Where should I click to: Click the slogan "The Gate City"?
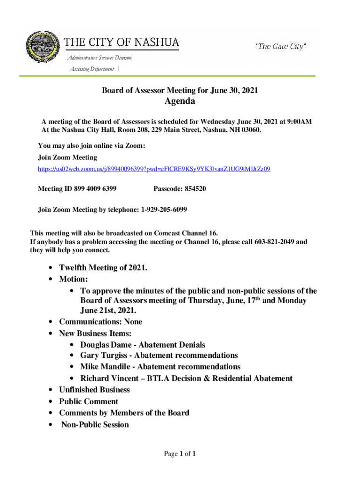[281, 46]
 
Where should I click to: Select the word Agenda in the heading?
[180, 102]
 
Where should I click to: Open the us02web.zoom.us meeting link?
[154, 169]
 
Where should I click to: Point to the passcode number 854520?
[196, 189]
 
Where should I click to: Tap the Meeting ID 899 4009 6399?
[93, 189]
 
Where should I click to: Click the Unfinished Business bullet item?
[94, 390]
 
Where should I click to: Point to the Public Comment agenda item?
[88, 401]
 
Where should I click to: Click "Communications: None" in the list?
[100, 322]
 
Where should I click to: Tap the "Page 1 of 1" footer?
[180, 454]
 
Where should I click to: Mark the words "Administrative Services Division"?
[99, 58]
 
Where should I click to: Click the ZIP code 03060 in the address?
[250, 130]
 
